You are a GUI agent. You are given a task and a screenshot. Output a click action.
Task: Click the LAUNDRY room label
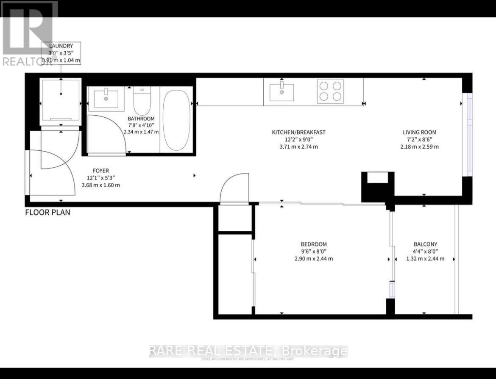tap(61, 46)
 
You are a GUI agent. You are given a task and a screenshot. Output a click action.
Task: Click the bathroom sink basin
tap(106, 100)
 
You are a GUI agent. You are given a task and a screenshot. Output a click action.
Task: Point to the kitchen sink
tap(281, 92)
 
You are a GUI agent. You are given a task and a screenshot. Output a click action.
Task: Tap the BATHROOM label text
tap(141, 119)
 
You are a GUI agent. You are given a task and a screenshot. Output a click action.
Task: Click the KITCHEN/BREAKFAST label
tap(298, 132)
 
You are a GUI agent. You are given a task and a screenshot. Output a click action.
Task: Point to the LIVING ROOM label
tap(419, 132)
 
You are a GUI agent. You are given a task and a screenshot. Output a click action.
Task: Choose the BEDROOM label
tap(314, 244)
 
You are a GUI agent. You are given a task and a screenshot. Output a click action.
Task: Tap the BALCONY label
tap(425, 244)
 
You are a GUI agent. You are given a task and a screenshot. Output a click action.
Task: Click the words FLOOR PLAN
tap(47, 212)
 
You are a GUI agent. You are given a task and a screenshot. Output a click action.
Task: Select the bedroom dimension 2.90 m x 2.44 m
tap(314, 259)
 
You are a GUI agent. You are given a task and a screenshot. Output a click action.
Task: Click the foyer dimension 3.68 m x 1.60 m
tap(100, 185)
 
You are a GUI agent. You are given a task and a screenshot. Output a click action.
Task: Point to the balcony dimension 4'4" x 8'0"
tap(425, 252)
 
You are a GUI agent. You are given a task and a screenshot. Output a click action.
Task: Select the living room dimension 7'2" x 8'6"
tap(419, 139)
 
